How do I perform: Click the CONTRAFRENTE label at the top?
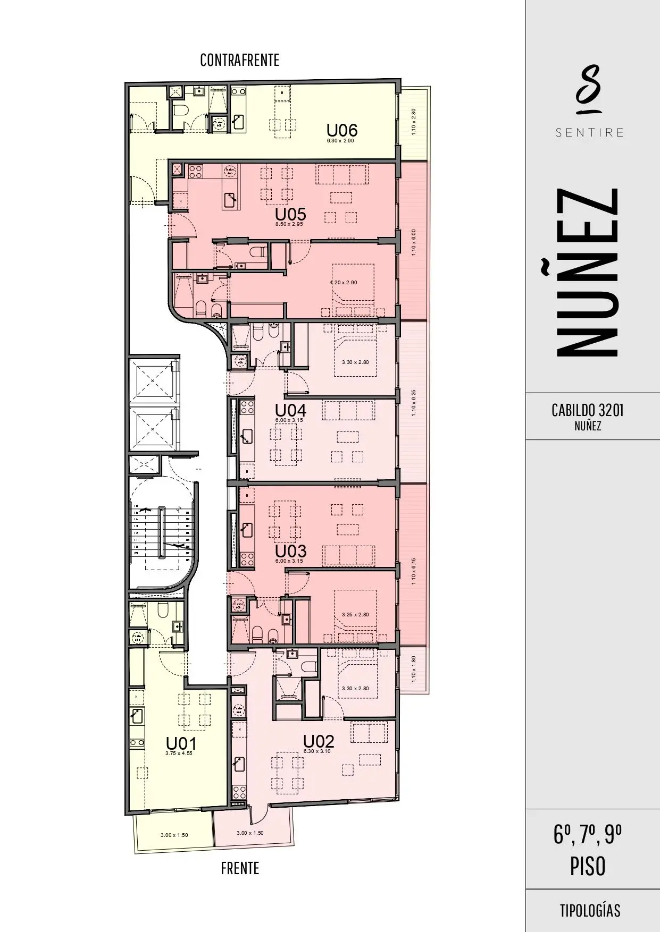[239, 60]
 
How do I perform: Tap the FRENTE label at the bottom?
[240, 868]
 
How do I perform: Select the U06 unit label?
[341, 130]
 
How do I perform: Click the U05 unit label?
[290, 214]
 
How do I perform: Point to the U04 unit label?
[290, 410]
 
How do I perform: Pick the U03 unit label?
[290, 550]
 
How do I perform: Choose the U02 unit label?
[319, 741]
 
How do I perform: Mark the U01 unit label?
[181, 743]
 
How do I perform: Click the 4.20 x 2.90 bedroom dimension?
[344, 283]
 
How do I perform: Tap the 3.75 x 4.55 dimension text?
[179, 753]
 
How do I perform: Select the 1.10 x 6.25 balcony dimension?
[414, 403]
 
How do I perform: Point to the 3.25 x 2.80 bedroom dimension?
[355, 615]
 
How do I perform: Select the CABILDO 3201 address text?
[587, 410]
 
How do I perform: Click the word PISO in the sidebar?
[588, 867]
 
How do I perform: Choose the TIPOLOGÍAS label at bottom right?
[590, 910]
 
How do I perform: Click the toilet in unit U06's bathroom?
[181, 110]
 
